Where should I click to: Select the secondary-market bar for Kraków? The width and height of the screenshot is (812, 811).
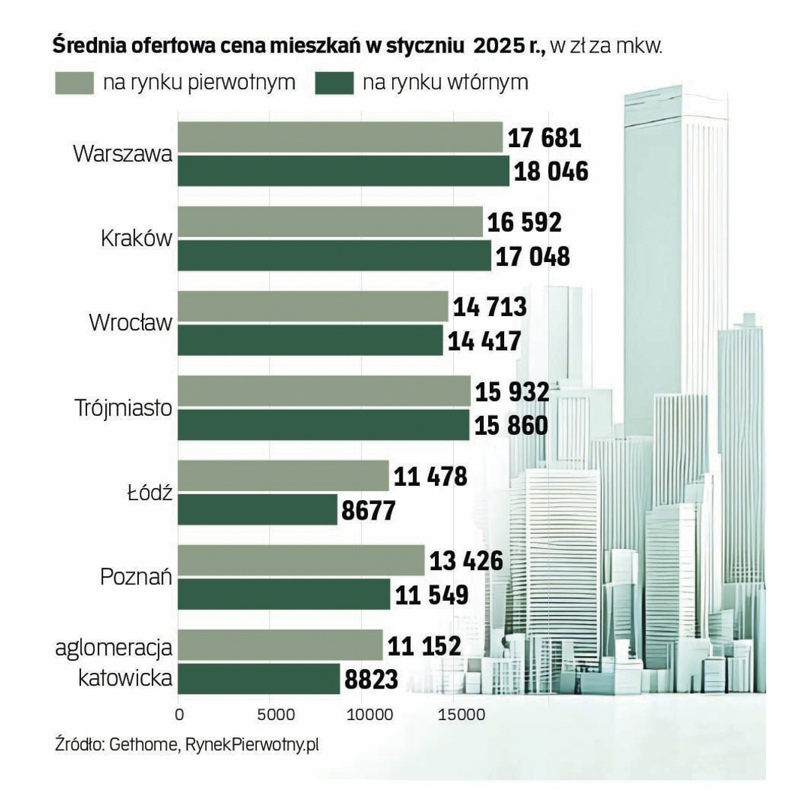pos(334,256)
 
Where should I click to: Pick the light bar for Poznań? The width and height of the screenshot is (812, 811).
pos(301,560)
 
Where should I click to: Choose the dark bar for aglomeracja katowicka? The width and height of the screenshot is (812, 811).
pos(259,679)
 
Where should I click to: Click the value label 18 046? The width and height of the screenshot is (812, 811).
pos(551,172)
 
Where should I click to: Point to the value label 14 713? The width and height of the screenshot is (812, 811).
pos(490,307)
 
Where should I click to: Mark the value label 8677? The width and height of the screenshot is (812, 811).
pos(368,511)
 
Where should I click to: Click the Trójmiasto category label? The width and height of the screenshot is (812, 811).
pos(124,408)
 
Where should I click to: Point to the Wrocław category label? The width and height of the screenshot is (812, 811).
pos(131,323)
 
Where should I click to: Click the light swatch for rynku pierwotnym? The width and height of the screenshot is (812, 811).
pos(74,83)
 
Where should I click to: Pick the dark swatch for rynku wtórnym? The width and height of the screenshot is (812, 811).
pos(334,83)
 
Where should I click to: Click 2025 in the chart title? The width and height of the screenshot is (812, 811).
pos(497,47)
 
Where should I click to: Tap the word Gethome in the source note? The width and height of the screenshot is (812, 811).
pos(143,746)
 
